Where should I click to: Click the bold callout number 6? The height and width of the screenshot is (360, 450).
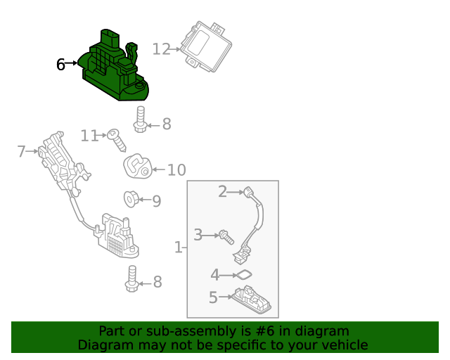click(60, 64)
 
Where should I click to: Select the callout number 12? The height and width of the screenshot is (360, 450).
click(161, 49)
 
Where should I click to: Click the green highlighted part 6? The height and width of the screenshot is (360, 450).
click(115, 67)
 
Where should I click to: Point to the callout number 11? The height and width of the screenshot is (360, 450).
click(89, 136)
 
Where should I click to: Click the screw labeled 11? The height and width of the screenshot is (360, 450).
click(117, 140)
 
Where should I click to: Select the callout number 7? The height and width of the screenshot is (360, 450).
click(22, 151)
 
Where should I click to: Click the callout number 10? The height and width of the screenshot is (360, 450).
click(176, 169)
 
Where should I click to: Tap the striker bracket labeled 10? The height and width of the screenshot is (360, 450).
click(138, 166)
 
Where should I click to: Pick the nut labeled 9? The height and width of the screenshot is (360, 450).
click(131, 199)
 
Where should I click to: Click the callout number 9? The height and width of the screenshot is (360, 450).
click(156, 201)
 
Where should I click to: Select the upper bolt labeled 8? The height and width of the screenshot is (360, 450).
click(141, 120)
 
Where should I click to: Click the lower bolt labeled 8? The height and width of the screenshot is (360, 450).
click(132, 278)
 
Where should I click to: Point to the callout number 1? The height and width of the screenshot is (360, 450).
click(178, 247)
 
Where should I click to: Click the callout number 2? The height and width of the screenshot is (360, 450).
click(222, 191)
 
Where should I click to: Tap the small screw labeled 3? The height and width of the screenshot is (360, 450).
click(226, 237)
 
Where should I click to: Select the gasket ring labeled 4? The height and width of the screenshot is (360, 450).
click(244, 275)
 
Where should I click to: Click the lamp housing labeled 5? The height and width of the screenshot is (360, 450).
click(252, 300)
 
